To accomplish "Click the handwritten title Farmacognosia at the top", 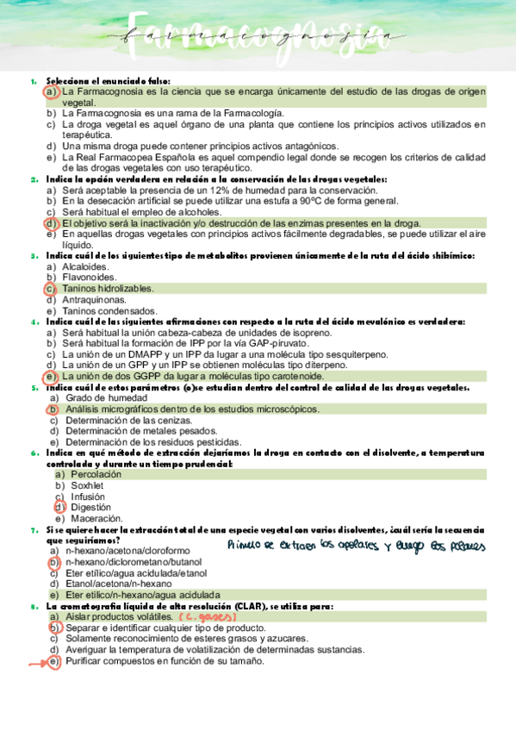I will (x=258, y=35).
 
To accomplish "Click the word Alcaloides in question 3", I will (x=84, y=266).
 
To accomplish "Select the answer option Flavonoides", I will (x=89, y=278).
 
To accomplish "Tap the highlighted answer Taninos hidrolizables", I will (x=108, y=289).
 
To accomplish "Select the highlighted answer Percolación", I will (x=96, y=475).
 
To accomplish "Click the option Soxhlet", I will (x=87, y=486).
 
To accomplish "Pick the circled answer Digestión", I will (x=91, y=509).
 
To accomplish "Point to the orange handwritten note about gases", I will (x=207, y=618).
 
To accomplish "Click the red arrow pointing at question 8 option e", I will (x=36, y=662).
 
